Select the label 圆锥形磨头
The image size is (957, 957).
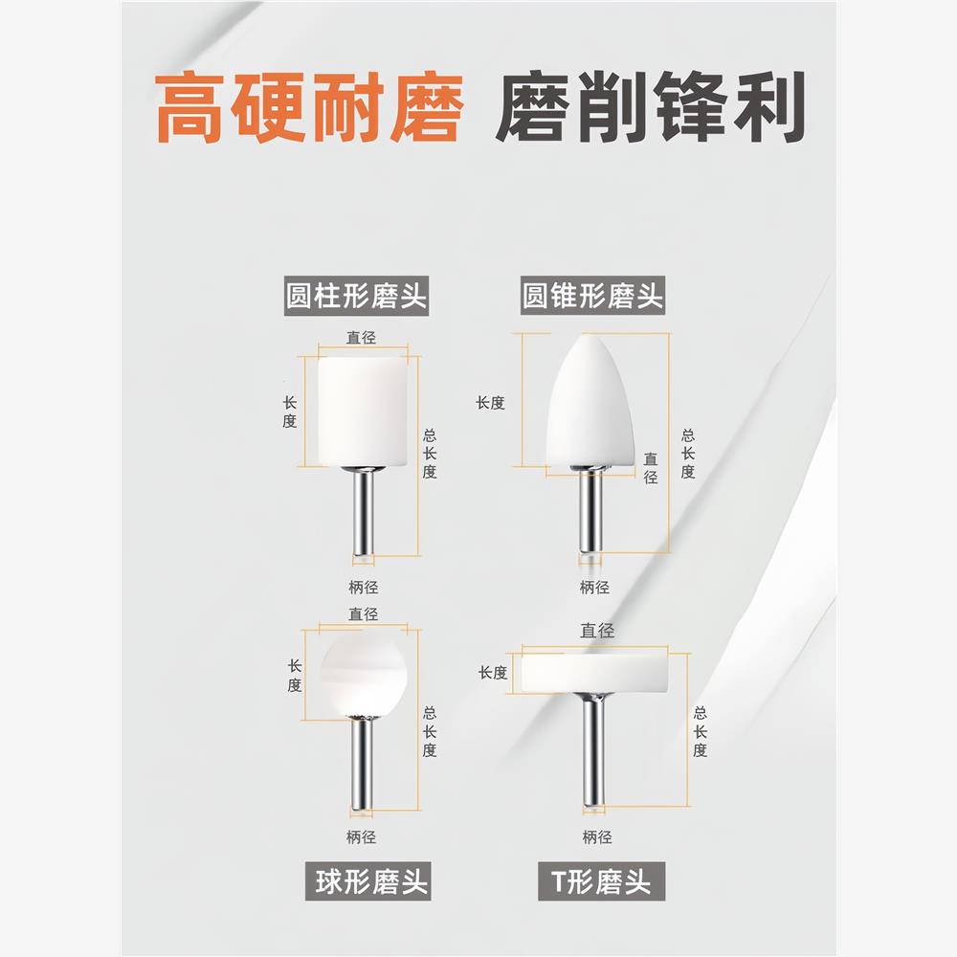pyautogui.click(x=592, y=296)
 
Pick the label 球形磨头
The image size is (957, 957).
pyautogui.click(x=371, y=879)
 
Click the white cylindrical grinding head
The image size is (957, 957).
pyautogui.click(x=361, y=411)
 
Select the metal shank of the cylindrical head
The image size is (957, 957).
pyautogui.click(x=362, y=512)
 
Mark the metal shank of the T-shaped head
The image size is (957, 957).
pyautogui.click(x=593, y=751)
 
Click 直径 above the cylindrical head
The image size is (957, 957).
pyautogui.click(x=362, y=337)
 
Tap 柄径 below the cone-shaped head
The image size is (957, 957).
pyautogui.click(x=594, y=587)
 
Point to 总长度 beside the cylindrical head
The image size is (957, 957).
pyautogui.click(x=430, y=453)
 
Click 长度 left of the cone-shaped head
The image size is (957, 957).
pyautogui.click(x=490, y=403)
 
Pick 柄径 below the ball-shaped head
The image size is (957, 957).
pyautogui.click(x=362, y=837)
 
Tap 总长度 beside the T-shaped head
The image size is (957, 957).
pyautogui.click(x=701, y=732)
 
